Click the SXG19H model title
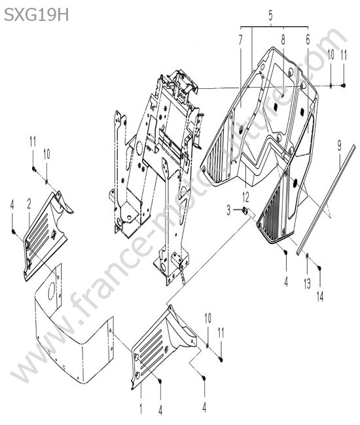pyautogui.click(x=37, y=15)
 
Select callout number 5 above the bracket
pyautogui.click(x=270, y=16)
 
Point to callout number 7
pyautogui.click(x=240, y=41)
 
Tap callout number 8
pyautogui.click(x=283, y=40)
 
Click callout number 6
pyautogui.click(x=308, y=40)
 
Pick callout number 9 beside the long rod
pyautogui.click(x=340, y=146)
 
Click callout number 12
pyautogui.click(x=245, y=197)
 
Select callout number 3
pyautogui.click(x=228, y=210)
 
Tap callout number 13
pyautogui.click(x=307, y=284)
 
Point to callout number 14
pyautogui.click(x=320, y=297)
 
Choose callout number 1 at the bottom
pyautogui.click(x=141, y=409)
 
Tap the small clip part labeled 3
pyautogui.click(x=244, y=210)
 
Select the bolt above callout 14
pyautogui.click(x=319, y=268)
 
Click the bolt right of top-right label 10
pyautogui.click(x=343, y=86)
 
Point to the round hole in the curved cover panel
pyautogui.click(x=51, y=292)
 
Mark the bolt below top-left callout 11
pyautogui.click(x=34, y=169)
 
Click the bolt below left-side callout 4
pyautogui.click(x=12, y=231)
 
